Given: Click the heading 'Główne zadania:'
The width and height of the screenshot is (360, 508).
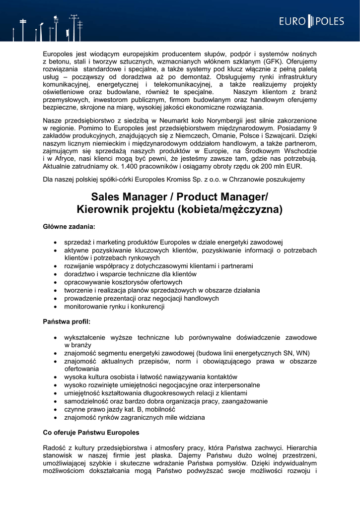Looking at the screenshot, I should tap(69, 227).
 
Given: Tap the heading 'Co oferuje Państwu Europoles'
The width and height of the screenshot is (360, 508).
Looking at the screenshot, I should tap(91, 433).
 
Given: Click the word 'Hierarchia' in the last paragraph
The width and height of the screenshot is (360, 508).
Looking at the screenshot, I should tap(300, 446).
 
